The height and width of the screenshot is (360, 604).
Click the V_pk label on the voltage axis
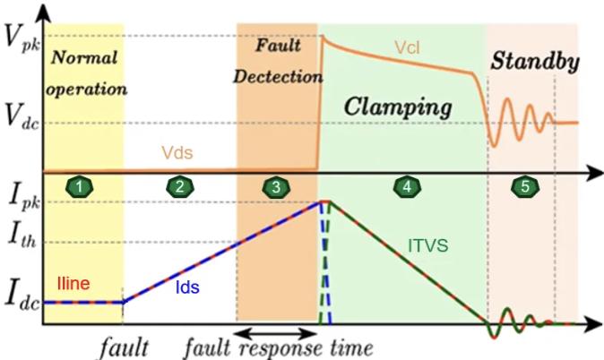(x=21, y=39)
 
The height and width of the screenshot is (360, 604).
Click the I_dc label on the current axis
(x=22, y=298)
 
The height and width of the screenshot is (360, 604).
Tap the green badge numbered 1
(x=80, y=187)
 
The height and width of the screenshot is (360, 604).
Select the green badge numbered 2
(x=180, y=187)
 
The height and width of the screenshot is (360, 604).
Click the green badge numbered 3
(x=276, y=187)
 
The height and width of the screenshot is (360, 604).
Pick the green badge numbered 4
(x=407, y=187)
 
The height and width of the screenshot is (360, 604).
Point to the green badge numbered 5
(x=525, y=187)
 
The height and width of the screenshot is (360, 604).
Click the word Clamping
(x=398, y=107)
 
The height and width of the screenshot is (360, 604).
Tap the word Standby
(x=535, y=61)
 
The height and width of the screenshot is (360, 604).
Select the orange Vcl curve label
(x=407, y=47)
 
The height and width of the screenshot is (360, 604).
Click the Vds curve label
(x=177, y=152)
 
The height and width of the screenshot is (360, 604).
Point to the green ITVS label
(x=428, y=245)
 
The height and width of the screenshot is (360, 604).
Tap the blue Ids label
(x=187, y=287)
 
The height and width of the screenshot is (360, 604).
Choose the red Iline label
(x=73, y=283)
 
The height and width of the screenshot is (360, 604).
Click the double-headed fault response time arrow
(x=276, y=332)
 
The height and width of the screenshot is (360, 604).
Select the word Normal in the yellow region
(x=84, y=58)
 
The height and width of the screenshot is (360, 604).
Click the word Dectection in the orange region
(x=278, y=77)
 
